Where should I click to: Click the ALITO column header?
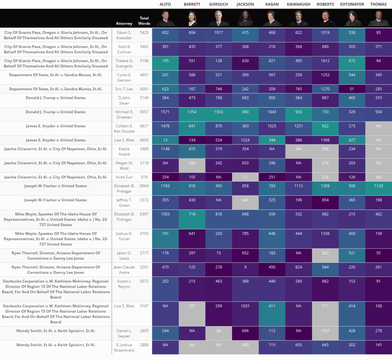point(165,4)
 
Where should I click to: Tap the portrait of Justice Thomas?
point(378,18)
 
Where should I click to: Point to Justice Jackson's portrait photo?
point(245,18)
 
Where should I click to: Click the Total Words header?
point(144,21)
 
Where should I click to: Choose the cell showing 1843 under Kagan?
point(272,112)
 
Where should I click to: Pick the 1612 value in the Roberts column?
point(325,61)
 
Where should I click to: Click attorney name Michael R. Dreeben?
point(124,115)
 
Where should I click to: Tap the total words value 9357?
point(144,112)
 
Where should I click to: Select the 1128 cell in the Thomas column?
point(378,186)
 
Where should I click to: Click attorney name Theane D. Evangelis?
point(124,63)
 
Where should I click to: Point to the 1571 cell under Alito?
point(165,112)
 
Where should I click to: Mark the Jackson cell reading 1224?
point(245,140)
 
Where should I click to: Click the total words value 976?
point(144,177)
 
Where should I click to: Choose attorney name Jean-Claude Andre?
point(124,270)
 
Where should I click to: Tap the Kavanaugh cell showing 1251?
point(298,126)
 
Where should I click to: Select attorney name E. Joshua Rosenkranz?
point(124,347)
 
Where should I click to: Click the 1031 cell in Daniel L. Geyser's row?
point(325,331)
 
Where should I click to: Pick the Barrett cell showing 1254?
point(192,112)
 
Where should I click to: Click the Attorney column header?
point(124,24)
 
